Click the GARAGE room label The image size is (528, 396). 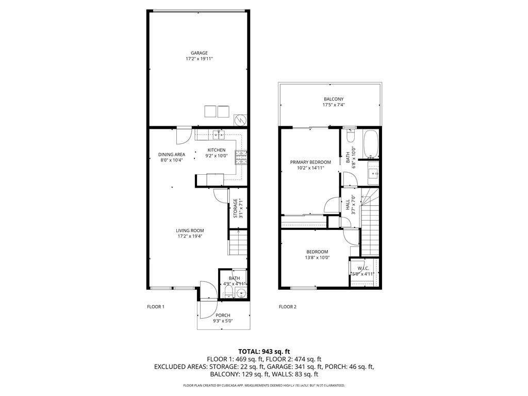click(x=199, y=53)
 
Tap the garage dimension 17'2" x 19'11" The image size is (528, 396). click(x=199, y=59)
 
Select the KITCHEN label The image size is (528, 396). click(x=216, y=150)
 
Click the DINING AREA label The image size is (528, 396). click(x=172, y=154)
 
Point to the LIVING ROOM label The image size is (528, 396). click(x=190, y=230)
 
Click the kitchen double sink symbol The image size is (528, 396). click(x=219, y=135)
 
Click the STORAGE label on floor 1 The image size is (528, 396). click(x=235, y=208)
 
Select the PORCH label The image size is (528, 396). click(x=223, y=315)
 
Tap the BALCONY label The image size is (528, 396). click(x=334, y=99)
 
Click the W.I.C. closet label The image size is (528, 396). click(x=364, y=268)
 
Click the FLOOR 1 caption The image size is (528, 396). click(x=156, y=307)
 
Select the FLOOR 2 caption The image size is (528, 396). click(x=288, y=307)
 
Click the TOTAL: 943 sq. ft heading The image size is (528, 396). click(x=263, y=351)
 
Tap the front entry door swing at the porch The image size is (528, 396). click(x=205, y=290)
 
